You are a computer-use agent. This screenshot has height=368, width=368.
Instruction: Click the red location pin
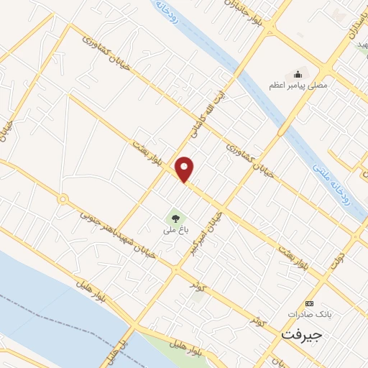tap(185, 168)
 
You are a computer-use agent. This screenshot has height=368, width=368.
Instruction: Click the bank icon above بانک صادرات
tap(310, 303)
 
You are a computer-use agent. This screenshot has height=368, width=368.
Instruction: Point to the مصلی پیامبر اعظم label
tap(298, 85)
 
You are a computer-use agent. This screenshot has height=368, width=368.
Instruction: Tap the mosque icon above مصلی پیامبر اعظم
tap(298, 73)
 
